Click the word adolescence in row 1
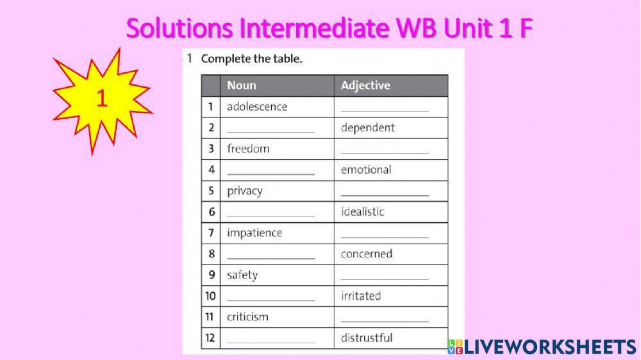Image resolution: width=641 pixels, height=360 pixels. tap(257, 106)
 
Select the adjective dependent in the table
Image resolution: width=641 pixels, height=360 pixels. tap(368, 127)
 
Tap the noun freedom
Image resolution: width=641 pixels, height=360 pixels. tap(248, 149)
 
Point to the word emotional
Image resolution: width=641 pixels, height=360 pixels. tap(366, 170)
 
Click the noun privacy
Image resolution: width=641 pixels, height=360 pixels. tap(245, 191)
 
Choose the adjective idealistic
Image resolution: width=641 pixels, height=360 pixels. tap(363, 211)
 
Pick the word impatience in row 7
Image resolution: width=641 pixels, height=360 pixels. tap(254, 233)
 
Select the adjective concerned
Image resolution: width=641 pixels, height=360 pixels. tap(367, 254)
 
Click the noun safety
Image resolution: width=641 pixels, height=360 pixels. tap(242, 275)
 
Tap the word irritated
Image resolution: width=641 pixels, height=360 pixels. tap(361, 296)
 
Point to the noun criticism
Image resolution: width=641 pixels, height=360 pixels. tap(247, 317)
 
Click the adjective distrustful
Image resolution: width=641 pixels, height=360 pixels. tap(367, 338)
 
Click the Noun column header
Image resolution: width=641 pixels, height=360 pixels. tap(242, 85)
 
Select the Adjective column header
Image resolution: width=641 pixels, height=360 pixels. tap(365, 85)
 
